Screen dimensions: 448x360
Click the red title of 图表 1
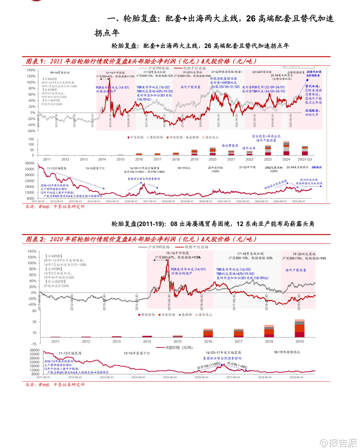click(x=141, y=61)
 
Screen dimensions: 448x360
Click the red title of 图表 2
click(x=141, y=239)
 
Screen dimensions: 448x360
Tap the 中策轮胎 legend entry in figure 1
click(x=136, y=137)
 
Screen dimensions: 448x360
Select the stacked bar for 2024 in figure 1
click(x=286, y=148)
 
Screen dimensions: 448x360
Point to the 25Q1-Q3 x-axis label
click(x=305, y=160)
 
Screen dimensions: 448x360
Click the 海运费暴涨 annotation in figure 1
click(x=230, y=146)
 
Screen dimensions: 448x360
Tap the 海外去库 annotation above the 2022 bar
click(x=249, y=148)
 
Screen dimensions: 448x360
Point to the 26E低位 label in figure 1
click(x=316, y=167)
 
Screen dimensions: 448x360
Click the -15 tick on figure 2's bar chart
click(x=34, y=344)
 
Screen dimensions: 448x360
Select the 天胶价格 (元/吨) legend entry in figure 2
click(x=176, y=348)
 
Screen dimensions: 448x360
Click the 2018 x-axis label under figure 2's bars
click(x=269, y=342)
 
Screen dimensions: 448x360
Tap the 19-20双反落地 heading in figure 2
click(x=304, y=254)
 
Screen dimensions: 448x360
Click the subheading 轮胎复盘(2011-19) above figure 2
click(x=213, y=224)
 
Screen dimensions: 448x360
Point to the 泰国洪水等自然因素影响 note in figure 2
click(x=222, y=358)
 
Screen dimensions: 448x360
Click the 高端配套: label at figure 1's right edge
click(x=312, y=111)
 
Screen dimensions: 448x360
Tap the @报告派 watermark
click(x=338, y=443)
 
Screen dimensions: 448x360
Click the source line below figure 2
click(x=55, y=385)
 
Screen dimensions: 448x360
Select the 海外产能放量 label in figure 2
click(x=296, y=270)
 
